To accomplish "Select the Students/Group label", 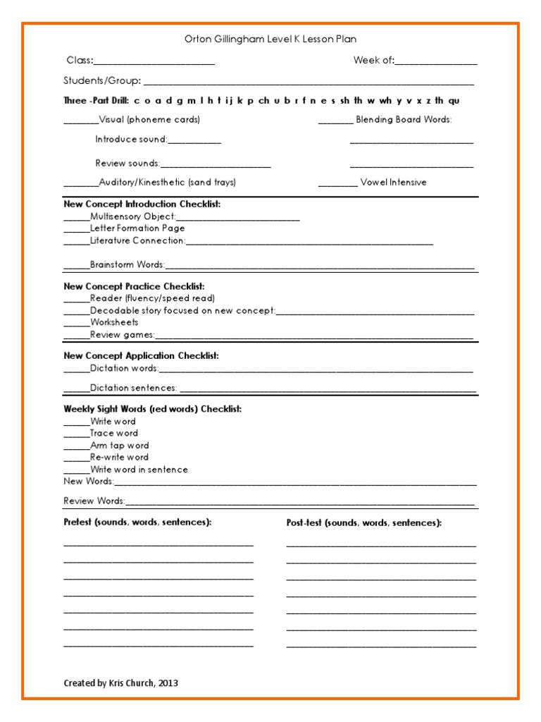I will (x=102, y=81).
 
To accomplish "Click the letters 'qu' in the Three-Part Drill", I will (x=454, y=101).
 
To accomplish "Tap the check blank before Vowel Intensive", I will (x=337, y=185).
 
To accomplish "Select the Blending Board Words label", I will (x=404, y=120).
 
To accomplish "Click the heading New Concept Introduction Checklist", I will (x=142, y=204).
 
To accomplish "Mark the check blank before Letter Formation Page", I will (x=77, y=231).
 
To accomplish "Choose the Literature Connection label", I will (x=137, y=241).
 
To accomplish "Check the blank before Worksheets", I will (x=77, y=325).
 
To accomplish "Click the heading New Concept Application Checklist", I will (x=141, y=356).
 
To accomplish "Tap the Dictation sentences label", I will (x=133, y=388).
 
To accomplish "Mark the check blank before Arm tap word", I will (x=77, y=448).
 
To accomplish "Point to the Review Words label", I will (x=94, y=501).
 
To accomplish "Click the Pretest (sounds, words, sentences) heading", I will (x=137, y=522).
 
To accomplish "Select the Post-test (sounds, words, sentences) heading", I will (x=364, y=523).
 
